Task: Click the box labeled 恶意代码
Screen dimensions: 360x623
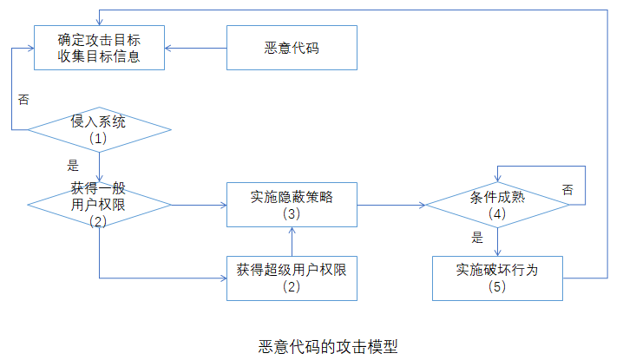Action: point(292,48)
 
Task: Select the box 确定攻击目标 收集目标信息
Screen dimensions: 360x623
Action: point(99,48)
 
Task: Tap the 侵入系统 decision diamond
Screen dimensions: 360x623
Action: point(99,129)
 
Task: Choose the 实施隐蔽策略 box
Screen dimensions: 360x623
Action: point(292,205)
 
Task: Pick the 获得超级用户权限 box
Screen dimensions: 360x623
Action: point(292,278)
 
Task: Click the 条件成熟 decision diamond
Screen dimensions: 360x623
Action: point(496,205)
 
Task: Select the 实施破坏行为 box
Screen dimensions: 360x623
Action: point(497,278)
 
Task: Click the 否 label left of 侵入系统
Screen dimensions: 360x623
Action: point(23,100)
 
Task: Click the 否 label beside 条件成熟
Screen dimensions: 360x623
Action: point(567,190)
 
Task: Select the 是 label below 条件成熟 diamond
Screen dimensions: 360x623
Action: point(476,237)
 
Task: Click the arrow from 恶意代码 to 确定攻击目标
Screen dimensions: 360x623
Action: point(196,47)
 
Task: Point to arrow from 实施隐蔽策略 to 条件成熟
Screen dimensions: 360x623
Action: point(390,206)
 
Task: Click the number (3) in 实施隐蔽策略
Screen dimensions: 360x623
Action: point(292,214)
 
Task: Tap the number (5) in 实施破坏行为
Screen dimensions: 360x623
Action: point(497,287)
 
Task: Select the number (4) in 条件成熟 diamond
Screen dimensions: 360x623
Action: point(496,214)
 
